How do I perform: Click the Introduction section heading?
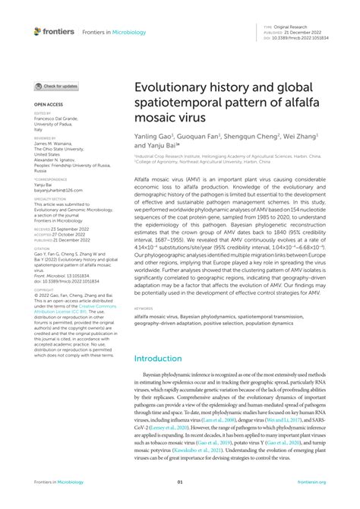[x=163, y=358]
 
